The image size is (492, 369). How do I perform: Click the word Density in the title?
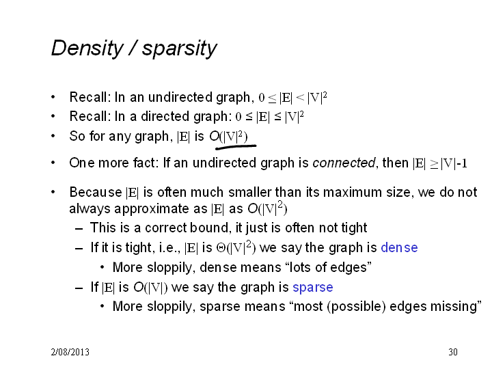click(87, 49)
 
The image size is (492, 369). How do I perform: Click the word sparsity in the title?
click(179, 49)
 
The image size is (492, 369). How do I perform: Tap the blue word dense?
click(399, 247)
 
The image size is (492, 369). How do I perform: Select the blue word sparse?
click(313, 287)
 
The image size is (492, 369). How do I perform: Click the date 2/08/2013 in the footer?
click(70, 352)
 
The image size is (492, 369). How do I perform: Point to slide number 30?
click(453, 352)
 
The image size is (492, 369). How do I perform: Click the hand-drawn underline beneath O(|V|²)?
click(236, 146)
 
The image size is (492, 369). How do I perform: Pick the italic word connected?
click(344, 163)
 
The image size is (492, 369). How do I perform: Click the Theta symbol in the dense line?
click(219, 248)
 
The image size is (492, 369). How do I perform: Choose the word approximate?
click(159, 209)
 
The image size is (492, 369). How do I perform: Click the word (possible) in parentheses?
click(356, 307)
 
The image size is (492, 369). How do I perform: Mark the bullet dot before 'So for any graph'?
click(53, 136)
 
